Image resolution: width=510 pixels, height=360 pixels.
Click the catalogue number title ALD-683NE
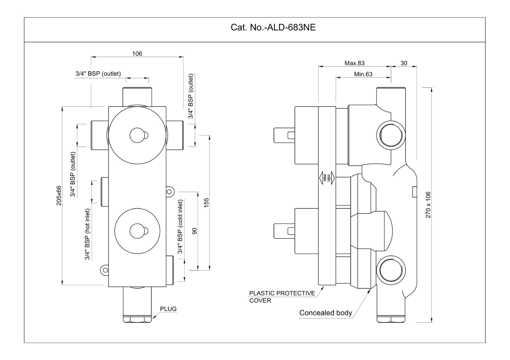tap(273, 27)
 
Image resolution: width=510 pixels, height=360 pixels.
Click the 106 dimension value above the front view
tap(137, 53)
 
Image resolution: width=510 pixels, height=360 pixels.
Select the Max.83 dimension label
tap(354, 63)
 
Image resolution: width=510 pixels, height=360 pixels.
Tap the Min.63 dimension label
tap(363, 74)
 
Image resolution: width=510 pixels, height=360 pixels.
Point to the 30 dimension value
tap(404, 63)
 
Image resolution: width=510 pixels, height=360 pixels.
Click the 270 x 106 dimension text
tap(428, 205)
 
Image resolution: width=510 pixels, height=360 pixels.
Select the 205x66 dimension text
tap(59, 196)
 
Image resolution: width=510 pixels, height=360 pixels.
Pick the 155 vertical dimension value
tap(206, 203)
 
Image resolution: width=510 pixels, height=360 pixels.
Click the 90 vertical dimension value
tap(194, 231)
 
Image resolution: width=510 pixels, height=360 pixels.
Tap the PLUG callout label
tap(168, 309)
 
